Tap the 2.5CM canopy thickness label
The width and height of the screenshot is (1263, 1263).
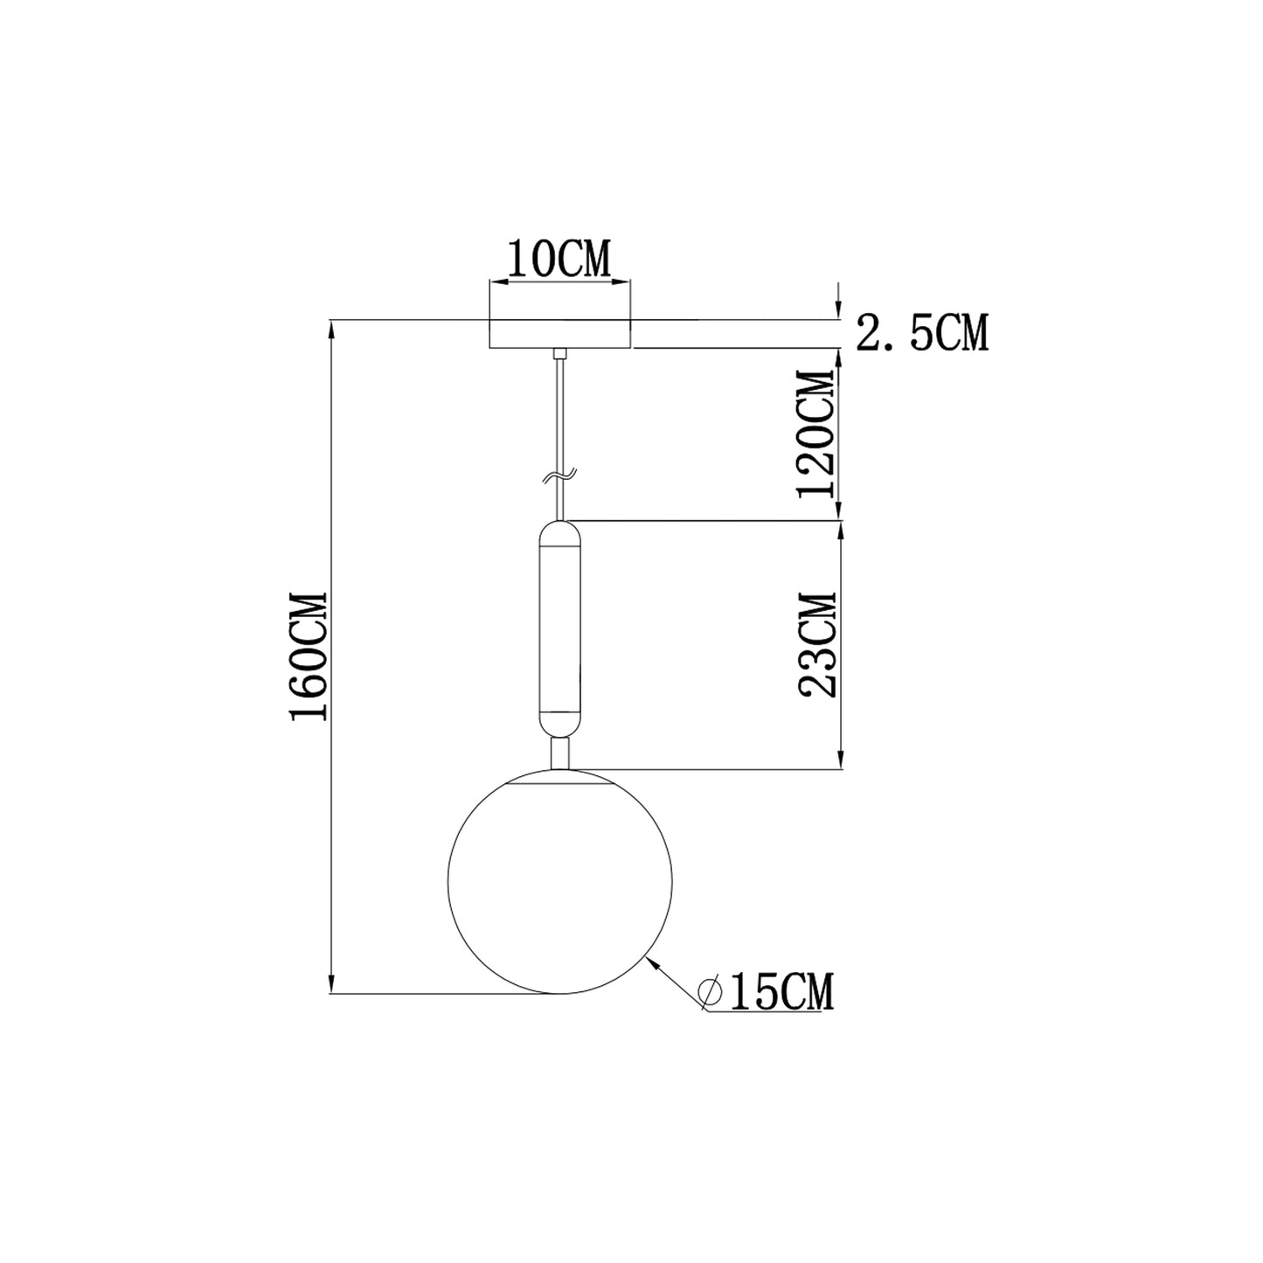[922, 333]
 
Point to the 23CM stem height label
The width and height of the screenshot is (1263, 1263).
[817, 645]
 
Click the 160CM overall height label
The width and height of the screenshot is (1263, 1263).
[309, 657]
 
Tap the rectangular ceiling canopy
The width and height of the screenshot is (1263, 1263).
[560, 334]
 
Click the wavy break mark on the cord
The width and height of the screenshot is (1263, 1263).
[559, 476]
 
